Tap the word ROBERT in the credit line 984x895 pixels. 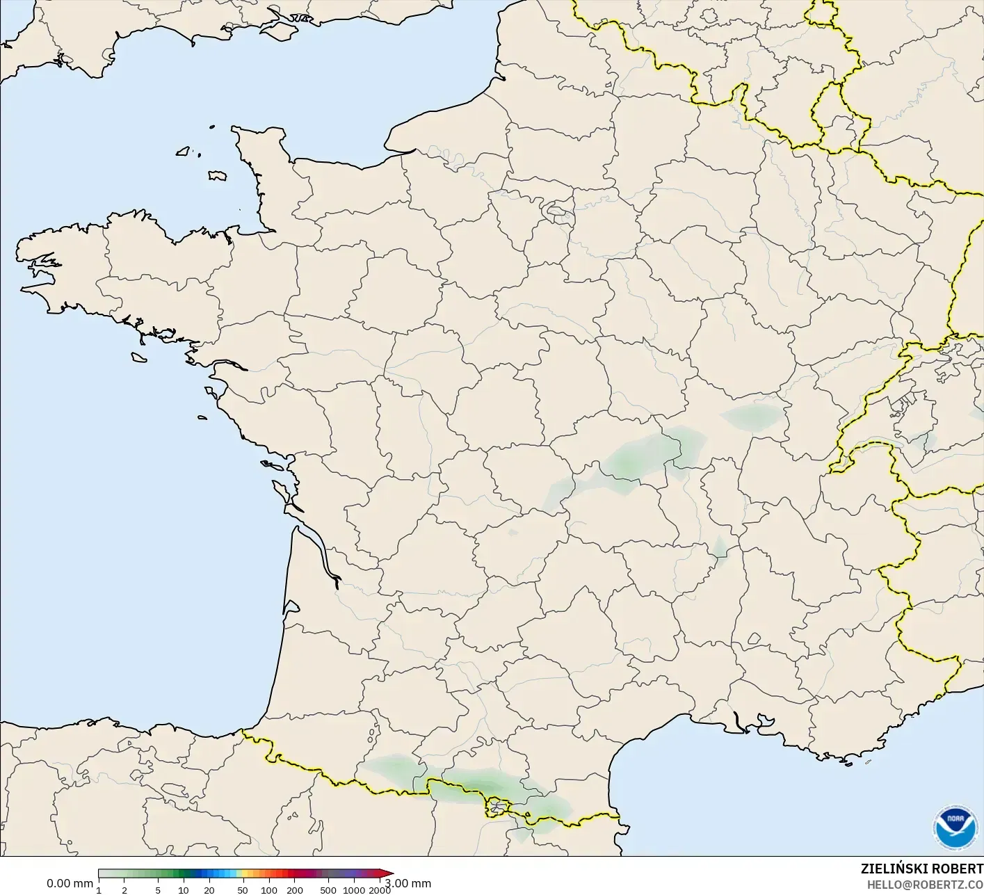click(x=958, y=869)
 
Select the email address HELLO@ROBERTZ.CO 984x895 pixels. click(x=925, y=885)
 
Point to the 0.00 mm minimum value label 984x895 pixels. click(x=70, y=884)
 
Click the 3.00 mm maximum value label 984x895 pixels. click(x=408, y=884)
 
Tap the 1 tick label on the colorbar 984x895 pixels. click(x=99, y=890)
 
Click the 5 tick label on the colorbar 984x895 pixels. click(x=158, y=890)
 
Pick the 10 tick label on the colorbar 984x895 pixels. click(x=183, y=890)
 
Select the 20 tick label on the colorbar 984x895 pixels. click(x=209, y=890)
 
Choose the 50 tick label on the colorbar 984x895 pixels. click(x=243, y=890)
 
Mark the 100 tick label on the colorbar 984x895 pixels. click(x=268, y=890)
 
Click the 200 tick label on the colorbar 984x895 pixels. click(x=294, y=890)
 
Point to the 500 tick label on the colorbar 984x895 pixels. click(x=328, y=890)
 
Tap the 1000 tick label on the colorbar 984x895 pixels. click(x=354, y=890)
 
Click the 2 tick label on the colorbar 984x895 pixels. click(x=124, y=890)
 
